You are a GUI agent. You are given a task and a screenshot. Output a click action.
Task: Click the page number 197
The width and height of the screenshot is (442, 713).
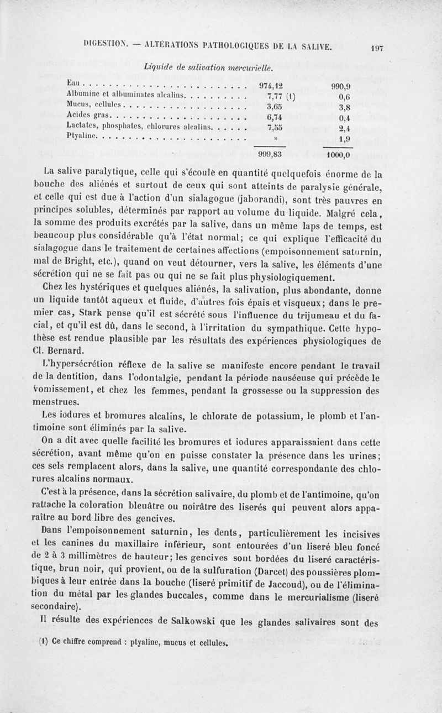tap(378, 48)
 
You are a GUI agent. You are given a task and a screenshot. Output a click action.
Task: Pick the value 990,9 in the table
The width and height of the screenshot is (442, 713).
tap(343, 87)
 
